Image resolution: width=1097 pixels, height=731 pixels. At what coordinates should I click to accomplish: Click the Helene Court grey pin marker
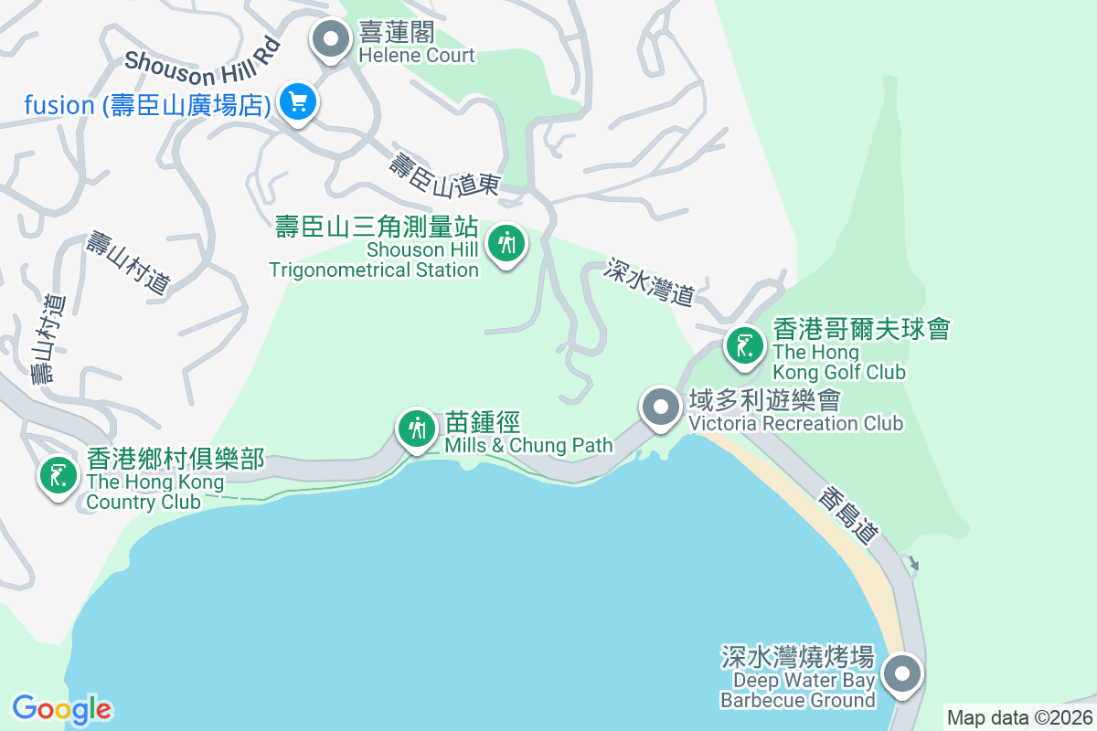pos(331,39)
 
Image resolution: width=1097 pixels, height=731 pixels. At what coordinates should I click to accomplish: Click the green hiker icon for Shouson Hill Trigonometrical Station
pos(506,243)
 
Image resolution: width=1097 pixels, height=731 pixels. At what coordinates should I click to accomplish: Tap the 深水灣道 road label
pos(650,281)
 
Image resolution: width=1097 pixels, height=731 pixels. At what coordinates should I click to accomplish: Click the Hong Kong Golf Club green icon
pos(745,346)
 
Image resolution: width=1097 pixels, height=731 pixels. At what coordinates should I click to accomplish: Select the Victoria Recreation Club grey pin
pos(660,408)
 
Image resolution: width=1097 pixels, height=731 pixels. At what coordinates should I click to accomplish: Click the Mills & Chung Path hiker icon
pos(417,427)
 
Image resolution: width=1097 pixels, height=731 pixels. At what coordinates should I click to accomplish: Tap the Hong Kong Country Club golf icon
pos(58,475)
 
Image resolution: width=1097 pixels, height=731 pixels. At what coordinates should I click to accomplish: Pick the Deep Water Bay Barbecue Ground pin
pos(903,675)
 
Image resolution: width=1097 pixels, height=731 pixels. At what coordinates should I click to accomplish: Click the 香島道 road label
pos(847,516)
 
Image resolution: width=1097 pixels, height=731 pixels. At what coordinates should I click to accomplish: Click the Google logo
pos(62,709)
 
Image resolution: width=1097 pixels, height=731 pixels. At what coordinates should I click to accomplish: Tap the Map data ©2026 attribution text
pos(1019,717)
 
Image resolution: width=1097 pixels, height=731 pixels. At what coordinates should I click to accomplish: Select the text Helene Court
pos(416,56)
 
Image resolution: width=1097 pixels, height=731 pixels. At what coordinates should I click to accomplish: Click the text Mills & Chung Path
pos(528,446)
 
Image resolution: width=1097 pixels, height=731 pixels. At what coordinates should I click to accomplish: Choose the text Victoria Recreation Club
pos(795,424)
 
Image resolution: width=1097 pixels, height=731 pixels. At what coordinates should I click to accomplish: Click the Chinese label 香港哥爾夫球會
pos(861,328)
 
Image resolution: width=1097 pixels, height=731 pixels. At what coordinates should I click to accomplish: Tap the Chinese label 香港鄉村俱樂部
pos(176,458)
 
